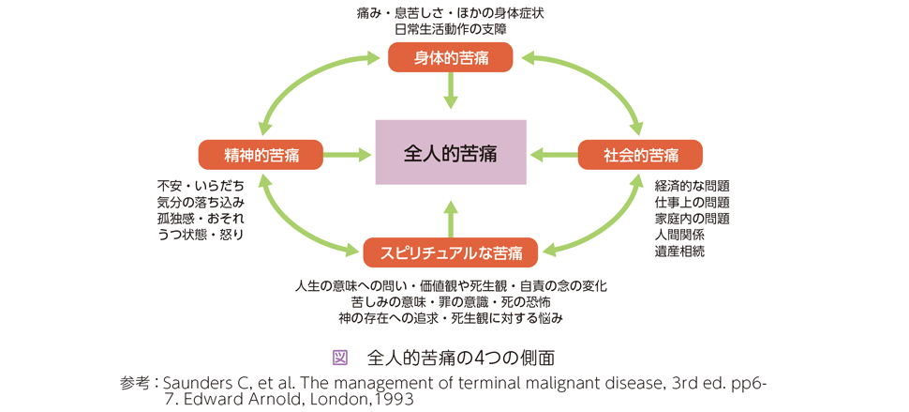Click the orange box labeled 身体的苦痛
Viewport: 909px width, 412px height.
(x=451, y=57)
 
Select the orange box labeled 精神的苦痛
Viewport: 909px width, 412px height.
(x=261, y=154)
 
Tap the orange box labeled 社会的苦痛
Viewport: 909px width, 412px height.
(x=641, y=154)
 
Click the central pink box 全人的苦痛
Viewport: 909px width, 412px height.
(x=451, y=152)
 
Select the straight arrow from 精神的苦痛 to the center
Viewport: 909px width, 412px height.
(x=348, y=154)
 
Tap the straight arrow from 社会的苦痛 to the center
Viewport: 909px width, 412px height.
(x=554, y=154)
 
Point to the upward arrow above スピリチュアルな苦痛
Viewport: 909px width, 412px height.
(x=451, y=217)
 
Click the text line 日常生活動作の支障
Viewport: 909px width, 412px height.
(x=451, y=27)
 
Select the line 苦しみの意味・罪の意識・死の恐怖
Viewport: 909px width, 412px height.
(x=451, y=302)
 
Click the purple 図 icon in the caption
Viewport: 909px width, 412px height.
(x=340, y=358)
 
